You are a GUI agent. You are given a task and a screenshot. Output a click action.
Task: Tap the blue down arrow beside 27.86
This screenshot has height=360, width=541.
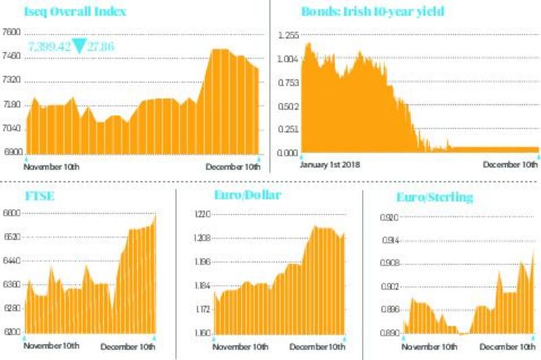[80, 46]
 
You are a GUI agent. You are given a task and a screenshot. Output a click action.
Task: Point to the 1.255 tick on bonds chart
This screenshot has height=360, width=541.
[288, 35]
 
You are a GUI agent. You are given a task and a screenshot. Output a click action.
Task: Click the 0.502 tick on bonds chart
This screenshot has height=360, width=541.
[288, 106]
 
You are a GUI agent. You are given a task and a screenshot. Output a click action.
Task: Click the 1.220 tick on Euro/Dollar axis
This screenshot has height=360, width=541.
[202, 215]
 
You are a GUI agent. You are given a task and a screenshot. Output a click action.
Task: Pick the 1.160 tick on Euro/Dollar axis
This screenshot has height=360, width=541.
[202, 333]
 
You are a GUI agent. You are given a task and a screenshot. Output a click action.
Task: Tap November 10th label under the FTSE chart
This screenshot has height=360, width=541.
[51, 346]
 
